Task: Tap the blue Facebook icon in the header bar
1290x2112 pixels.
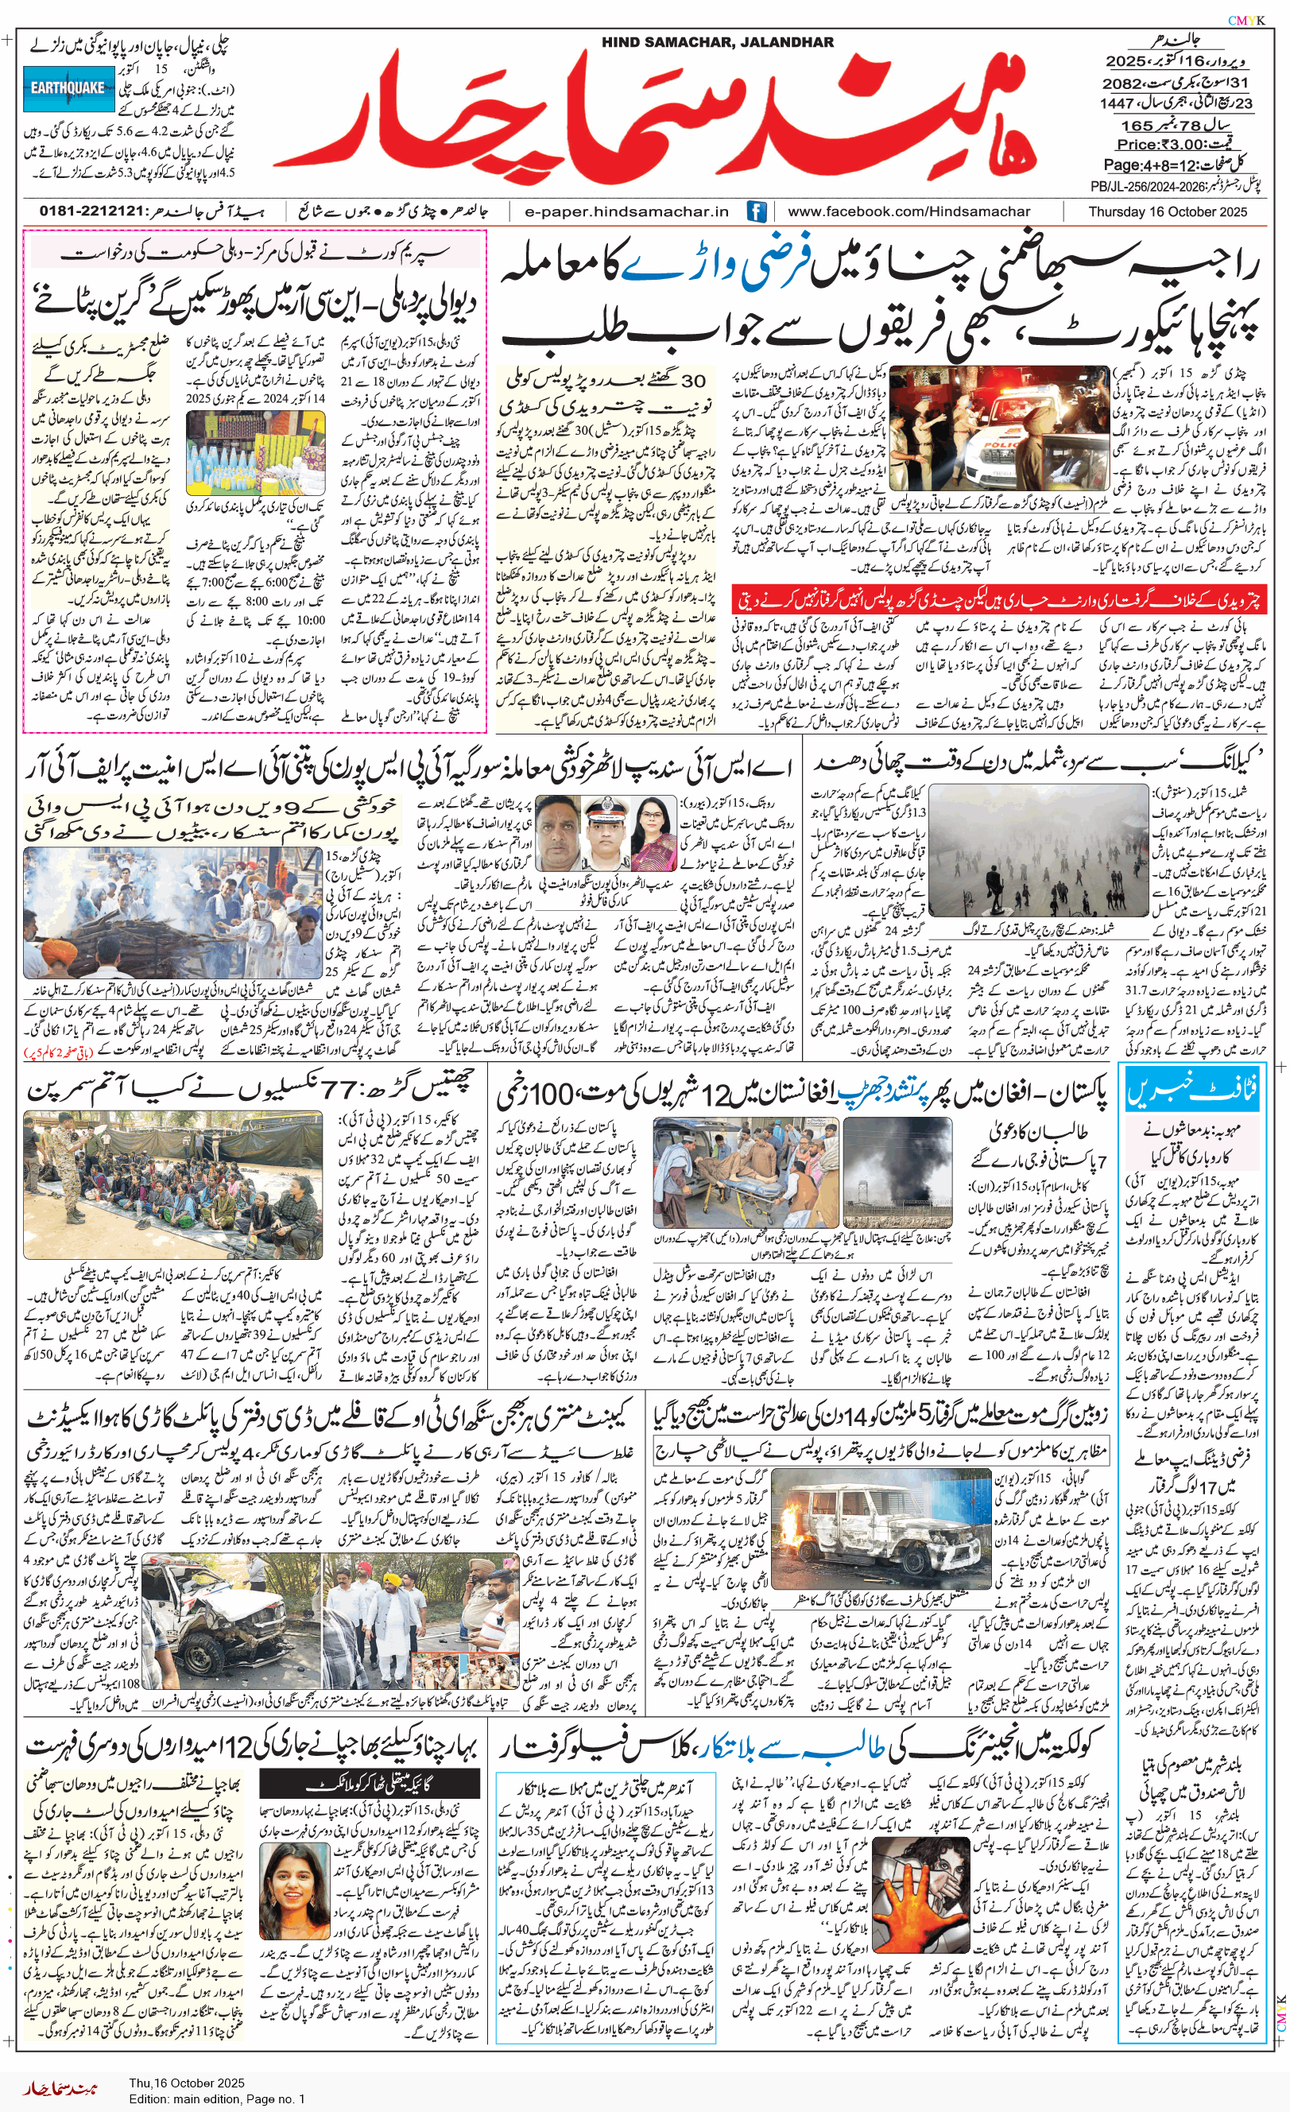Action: point(756,211)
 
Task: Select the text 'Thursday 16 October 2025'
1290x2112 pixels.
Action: point(1167,211)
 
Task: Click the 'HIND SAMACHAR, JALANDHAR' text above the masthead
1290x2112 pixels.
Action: point(717,42)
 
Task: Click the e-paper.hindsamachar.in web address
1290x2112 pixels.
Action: point(626,211)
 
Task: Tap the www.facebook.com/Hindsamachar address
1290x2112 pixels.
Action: point(909,211)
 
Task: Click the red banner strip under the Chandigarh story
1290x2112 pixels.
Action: point(998,599)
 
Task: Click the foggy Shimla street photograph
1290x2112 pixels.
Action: point(1038,852)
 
